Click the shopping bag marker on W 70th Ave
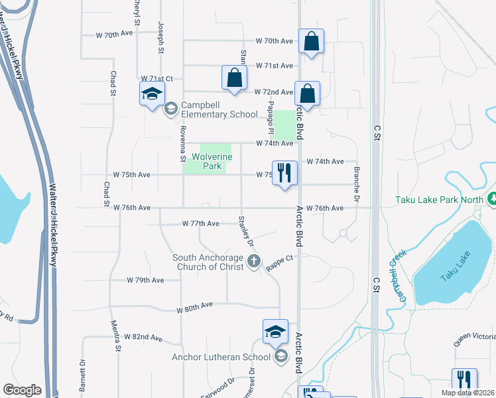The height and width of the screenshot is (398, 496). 311,42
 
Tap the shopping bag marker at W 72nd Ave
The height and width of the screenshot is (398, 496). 307,94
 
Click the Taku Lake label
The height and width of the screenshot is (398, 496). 454,257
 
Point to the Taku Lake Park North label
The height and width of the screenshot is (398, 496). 439,199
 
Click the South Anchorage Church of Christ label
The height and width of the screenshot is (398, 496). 209,262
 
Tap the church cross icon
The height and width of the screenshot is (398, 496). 253,263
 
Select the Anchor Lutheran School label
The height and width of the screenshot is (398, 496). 221,357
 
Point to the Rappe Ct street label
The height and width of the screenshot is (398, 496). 279,263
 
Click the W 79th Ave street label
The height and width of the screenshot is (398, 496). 145,281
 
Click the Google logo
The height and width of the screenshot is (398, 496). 23,390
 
